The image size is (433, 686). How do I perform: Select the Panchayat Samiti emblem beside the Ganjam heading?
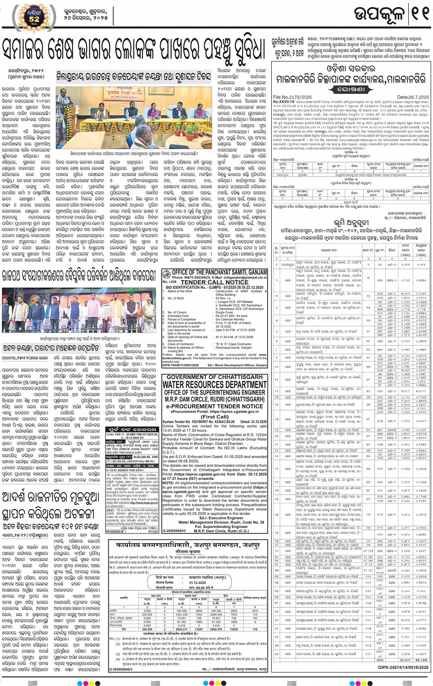[x=166, y=275]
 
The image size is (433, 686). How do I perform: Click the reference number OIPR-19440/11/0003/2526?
[x=181, y=365]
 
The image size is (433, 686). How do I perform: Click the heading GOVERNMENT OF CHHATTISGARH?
[x=214, y=377]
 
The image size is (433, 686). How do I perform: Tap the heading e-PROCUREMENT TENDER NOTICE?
[x=214, y=406]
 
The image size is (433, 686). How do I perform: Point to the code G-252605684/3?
[x=175, y=531]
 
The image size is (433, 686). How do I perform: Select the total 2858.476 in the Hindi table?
[x=216, y=629]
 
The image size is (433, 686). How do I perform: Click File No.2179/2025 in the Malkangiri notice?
[x=292, y=97]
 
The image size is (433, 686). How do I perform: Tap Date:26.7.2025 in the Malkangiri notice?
[x=413, y=97]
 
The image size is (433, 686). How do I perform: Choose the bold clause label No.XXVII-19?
[x=285, y=101]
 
